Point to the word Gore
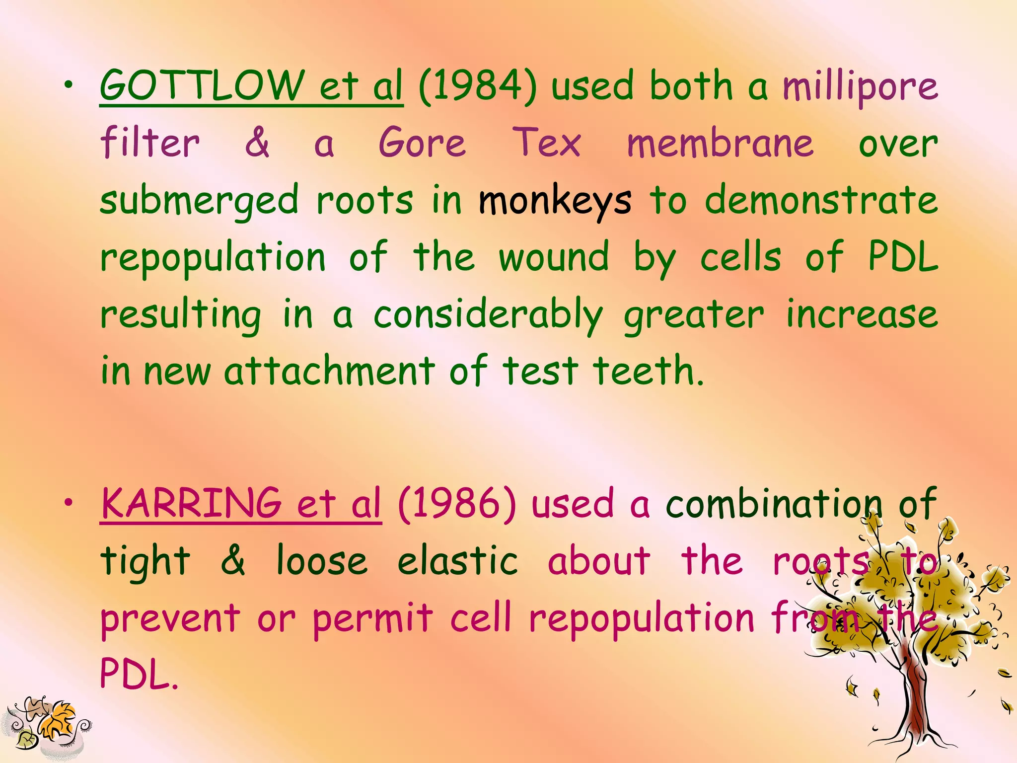(423, 143)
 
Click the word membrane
(720, 143)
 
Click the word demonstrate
(821, 200)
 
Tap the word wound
(554, 257)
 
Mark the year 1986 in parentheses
(457, 504)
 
